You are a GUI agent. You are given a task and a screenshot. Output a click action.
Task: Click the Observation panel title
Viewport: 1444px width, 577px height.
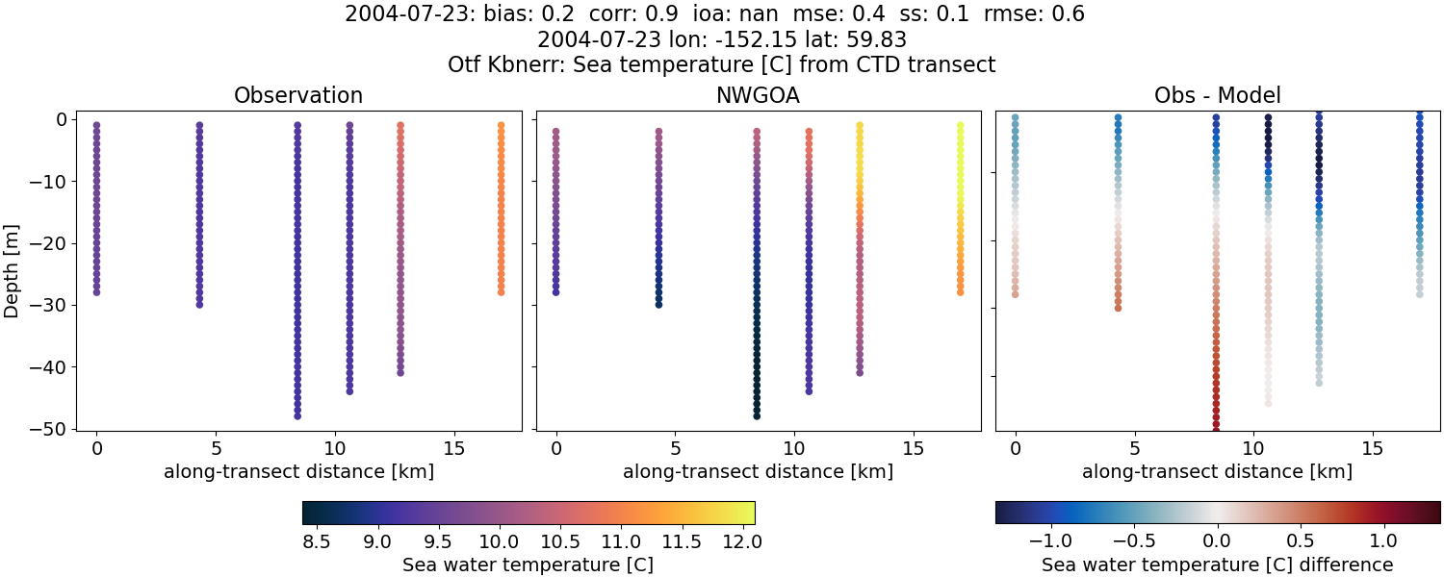coord(298,96)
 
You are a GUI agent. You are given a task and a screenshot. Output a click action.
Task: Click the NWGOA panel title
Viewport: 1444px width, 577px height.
coord(758,96)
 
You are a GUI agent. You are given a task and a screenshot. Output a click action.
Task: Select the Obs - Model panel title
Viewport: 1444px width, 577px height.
coord(1217,96)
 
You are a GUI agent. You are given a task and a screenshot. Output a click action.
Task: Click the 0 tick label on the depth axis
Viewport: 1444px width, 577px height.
coord(61,119)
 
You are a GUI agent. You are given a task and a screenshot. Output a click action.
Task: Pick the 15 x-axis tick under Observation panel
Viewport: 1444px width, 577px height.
coord(453,448)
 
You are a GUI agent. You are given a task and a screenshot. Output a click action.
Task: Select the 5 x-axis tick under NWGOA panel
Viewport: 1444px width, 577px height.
coord(675,448)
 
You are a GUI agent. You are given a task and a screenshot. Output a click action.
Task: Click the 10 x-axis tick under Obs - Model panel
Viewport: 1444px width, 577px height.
coord(1253,448)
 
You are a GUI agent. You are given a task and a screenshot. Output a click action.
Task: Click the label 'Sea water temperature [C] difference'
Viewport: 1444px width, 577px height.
coord(1217,564)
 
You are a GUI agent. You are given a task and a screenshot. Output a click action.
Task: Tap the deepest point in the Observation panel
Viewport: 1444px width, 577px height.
coord(297,415)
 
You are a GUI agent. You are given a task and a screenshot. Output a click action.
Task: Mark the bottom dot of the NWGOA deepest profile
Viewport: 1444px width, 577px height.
coord(757,415)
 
